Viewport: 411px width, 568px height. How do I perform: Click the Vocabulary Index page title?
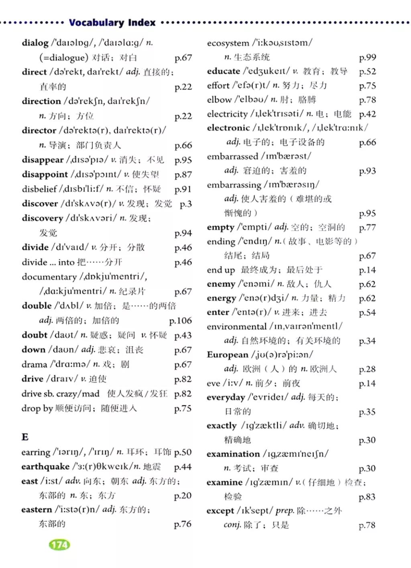(x=112, y=22)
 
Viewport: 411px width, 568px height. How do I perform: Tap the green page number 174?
(x=59, y=545)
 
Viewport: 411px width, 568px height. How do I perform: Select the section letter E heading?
(x=25, y=437)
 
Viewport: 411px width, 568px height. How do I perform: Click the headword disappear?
(x=43, y=160)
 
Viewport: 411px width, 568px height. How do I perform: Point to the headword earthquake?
(x=45, y=466)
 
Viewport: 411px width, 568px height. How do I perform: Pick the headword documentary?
(x=49, y=277)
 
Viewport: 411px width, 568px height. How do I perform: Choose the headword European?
(x=228, y=355)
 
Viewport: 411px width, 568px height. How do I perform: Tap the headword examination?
(x=233, y=454)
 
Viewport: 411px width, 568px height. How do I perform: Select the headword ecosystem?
(x=228, y=43)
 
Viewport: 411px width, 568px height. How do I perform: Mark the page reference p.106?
(x=180, y=321)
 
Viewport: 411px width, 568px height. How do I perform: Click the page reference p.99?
(x=367, y=57)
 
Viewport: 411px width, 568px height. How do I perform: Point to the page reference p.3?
(x=185, y=204)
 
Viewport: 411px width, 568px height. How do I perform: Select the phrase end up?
(x=221, y=270)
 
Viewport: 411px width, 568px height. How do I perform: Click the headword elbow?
(x=219, y=100)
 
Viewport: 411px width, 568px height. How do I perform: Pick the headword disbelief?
(x=39, y=189)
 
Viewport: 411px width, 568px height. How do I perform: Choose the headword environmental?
(x=236, y=327)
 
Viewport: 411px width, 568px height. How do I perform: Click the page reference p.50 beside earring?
(x=183, y=452)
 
